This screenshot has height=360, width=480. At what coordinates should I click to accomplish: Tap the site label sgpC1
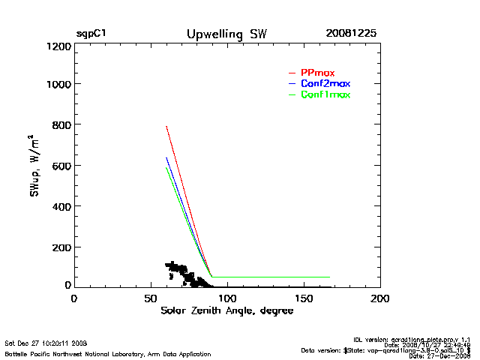(91, 34)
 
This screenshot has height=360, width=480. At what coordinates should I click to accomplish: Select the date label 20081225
(351, 34)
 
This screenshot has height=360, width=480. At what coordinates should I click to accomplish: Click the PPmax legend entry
(317, 72)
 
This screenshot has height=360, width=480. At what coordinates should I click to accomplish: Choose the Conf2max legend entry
(325, 83)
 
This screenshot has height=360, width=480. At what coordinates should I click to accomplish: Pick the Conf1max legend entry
(325, 94)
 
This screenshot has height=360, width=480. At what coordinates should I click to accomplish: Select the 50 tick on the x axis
(151, 298)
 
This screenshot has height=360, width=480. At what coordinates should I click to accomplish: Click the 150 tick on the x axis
(304, 298)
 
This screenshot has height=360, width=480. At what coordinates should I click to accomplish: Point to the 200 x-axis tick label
(380, 298)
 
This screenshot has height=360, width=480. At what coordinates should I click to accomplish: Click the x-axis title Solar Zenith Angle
(227, 310)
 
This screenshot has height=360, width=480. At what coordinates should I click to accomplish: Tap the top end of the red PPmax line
(166, 126)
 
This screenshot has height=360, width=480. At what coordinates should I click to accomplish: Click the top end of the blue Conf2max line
(166, 157)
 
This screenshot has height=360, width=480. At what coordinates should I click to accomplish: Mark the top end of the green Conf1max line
(166, 168)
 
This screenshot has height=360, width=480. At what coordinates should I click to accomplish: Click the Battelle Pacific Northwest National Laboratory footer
(108, 353)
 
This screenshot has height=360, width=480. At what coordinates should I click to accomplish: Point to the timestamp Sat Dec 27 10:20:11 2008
(46, 342)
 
